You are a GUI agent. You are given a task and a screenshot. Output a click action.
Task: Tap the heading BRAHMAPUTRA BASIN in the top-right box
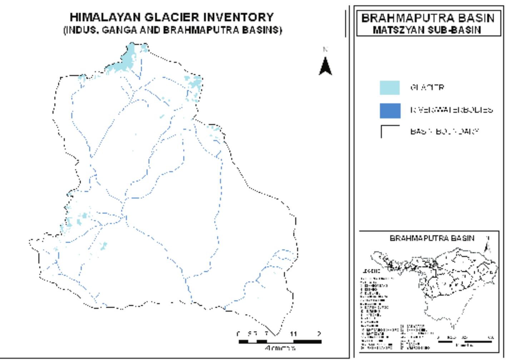click(428, 18)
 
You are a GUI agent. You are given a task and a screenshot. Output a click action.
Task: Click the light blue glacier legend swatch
click(390, 88)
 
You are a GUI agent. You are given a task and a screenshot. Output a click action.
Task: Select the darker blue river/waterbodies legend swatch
click(390, 110)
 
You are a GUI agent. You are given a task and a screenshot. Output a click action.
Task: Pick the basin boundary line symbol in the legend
click(390, 131)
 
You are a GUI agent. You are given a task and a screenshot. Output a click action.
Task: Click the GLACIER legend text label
click(427, 87)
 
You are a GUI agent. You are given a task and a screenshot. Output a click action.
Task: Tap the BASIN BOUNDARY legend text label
click(444, 131)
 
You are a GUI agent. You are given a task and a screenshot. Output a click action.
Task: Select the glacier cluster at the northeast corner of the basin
click(194, 86)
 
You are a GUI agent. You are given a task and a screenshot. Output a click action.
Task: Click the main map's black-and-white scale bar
click(279, 342)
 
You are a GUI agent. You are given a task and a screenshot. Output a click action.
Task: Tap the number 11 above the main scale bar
click(293, 334)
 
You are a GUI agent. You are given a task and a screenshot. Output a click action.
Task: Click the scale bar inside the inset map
click(465, 342)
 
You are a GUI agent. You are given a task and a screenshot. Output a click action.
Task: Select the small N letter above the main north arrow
click(325, 50)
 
